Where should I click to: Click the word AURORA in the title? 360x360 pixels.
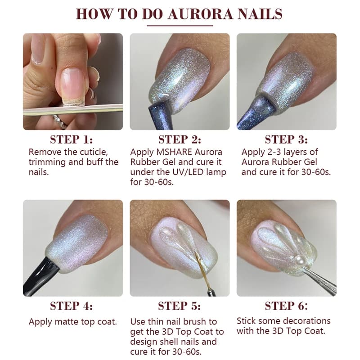(201, 14)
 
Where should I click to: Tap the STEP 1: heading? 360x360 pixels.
(72, 139)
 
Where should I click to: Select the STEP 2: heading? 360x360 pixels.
(180, 139)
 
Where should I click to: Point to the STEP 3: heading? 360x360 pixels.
(286, 139)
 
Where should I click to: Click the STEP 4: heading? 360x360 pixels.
(72, 306)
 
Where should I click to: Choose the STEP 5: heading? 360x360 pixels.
(179, 306)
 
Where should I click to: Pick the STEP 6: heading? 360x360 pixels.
(286, 306)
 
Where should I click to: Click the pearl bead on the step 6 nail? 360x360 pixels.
(299, 260)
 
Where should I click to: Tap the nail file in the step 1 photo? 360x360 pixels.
(73, 109)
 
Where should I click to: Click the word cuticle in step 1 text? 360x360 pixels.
(94, 152)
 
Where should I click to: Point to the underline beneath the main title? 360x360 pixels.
(180, 26)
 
